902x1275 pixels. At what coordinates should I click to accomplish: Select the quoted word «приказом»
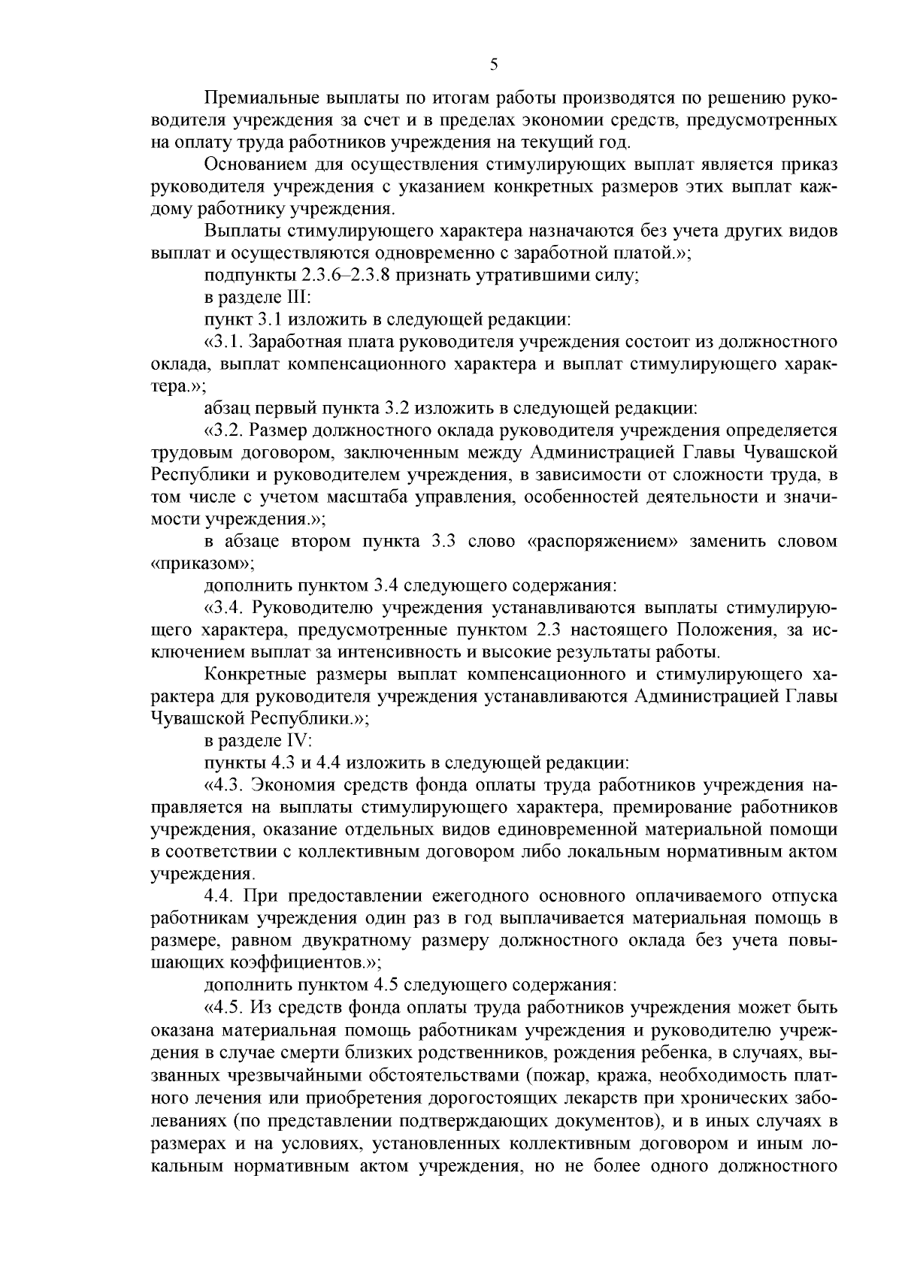tap(201, 563)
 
